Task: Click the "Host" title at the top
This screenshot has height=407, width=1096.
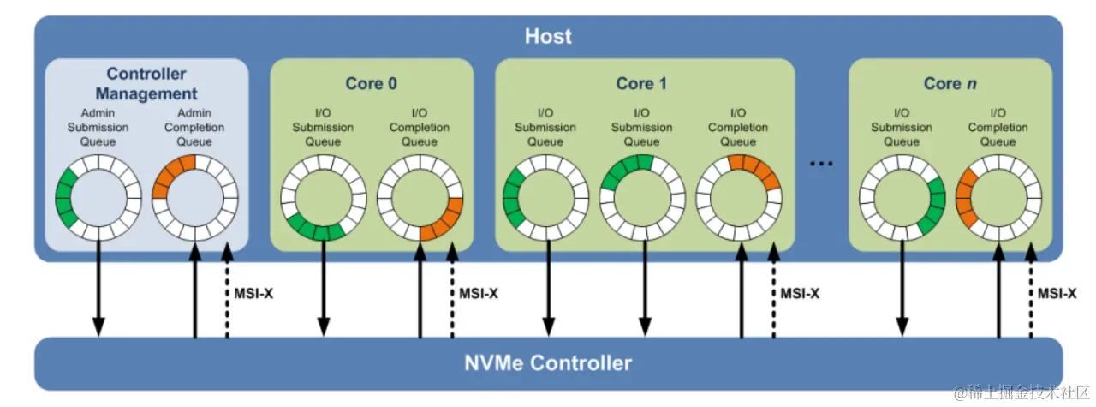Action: (548, 37)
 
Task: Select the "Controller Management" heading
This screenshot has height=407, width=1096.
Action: (146, 84)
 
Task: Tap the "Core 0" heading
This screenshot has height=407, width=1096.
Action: (371, 83)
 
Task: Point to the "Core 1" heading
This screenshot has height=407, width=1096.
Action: (640, 83)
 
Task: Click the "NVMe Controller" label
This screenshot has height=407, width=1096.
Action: (548, 363)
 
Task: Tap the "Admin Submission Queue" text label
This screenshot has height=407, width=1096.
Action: (98, 128)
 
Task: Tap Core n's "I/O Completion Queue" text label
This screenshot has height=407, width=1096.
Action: (998, 128)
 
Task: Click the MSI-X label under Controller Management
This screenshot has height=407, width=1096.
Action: (253, 293)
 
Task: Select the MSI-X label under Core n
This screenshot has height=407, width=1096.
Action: (1057, 293)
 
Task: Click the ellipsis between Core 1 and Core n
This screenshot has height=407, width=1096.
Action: (821, 164)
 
